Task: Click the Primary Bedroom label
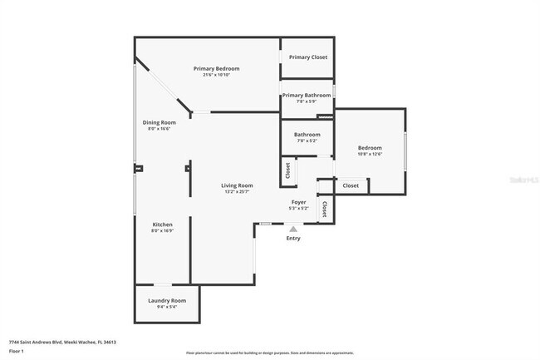click(217, 68)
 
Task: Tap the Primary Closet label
click(307, 57)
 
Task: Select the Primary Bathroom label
click(307, 96)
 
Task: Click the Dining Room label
click(158, 123)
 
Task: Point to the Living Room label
click(237, 185)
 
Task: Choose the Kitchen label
click(162, 225)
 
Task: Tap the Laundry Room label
click(167, 300)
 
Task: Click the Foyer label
click(299, 202)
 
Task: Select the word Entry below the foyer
click(293, 239)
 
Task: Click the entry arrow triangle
click(292, 229)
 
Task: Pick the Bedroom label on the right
click(370, 147)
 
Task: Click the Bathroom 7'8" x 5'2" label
click(307, 135)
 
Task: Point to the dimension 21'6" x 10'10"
click(217, 75)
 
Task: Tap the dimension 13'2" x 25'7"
click(237, 192)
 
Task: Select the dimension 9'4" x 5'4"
click(167, 307)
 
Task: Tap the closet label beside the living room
click(287, 170)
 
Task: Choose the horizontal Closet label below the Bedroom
click(351, 185)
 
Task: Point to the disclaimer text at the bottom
click(269, 353)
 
